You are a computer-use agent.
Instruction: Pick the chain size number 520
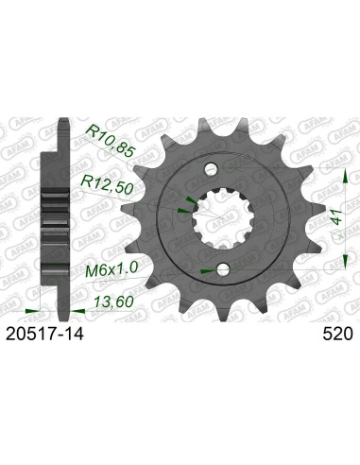click(x=337, y=333)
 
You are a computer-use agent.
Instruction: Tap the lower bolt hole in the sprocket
click(x=223, y=270)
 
